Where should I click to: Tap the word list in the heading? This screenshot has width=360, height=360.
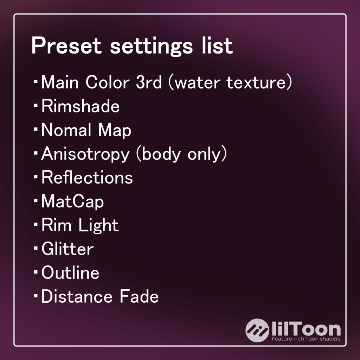217,46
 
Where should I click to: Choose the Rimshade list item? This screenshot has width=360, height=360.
81,106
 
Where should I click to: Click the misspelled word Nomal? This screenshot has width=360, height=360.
66,130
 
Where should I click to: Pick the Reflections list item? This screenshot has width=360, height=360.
87,178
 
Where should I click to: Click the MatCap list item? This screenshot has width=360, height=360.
72,202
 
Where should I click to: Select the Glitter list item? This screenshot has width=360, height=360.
67,249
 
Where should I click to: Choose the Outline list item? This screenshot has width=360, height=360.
70,273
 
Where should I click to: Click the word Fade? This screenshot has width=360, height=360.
139,297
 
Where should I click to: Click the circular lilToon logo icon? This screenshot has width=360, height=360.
257,330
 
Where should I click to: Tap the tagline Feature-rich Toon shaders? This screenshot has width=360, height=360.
306,339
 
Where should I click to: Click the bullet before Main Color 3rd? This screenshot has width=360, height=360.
36,82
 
